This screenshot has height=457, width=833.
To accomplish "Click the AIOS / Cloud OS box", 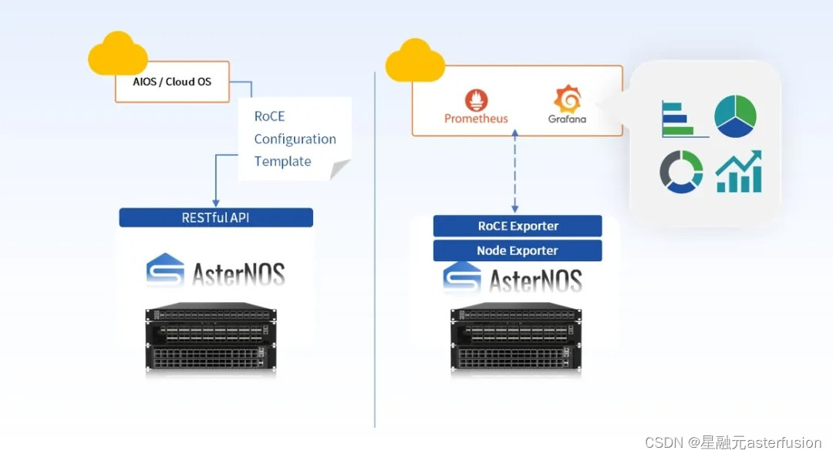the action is [x=172, y=82].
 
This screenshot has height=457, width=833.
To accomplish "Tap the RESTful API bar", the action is [x=216, y=217].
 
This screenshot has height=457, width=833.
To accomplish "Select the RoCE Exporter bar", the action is [x=518, y=226].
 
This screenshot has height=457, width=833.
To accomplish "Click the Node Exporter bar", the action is [x=518, y=250].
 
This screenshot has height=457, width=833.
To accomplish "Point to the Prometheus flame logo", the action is [x=476, y=99].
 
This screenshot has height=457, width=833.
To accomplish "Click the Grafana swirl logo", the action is [x=568, y=99].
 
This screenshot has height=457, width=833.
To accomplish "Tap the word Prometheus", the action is [x=476, y=119].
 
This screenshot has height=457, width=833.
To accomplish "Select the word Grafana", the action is [x=568, y=119].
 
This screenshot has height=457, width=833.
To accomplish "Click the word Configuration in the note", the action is [x=295, y=139].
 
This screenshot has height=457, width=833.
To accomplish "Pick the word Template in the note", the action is [x=282, y=161].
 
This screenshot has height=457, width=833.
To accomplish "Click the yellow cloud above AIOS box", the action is [x=117, y=54].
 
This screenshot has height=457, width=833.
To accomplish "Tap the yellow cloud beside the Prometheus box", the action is [x=415, y=61].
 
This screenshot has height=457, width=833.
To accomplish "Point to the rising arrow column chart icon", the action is [x=739, y=171].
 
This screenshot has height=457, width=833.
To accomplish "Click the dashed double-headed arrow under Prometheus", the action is [x=514, y=171].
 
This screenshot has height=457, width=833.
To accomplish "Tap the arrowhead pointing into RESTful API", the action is [x=216, y=203].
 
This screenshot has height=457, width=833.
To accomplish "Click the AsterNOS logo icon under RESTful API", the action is [x=165, y=270].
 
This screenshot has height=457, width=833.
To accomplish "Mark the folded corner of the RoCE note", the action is [x=339, y=170].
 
